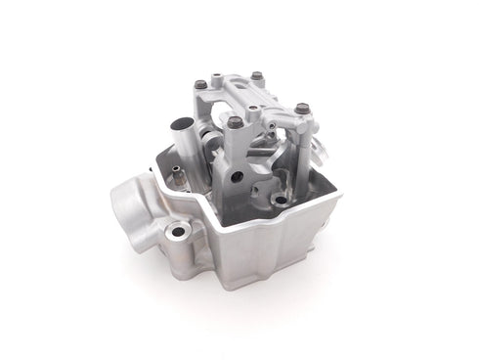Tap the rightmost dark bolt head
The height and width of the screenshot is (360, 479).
[301, 107]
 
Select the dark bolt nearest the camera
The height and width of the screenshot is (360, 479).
[236, 122]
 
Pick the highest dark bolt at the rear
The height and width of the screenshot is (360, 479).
[256, 75]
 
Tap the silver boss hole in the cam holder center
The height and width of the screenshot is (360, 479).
[252, 109]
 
